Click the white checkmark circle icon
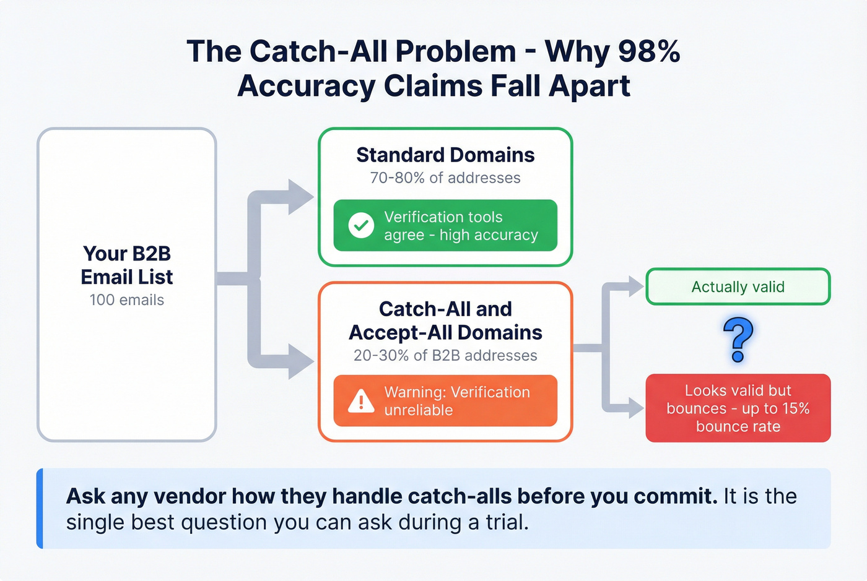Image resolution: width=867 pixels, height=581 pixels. (x=361, y=226)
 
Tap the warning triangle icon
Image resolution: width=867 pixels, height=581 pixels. (x=361, y=402)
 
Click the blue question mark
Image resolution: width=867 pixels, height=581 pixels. (x=738, y=340)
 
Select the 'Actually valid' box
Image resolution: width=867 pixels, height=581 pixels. (x=738, y=286)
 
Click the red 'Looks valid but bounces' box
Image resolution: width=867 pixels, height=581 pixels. (x=738, y=408)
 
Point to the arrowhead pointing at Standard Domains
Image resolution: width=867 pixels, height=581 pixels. (x=301, y=197)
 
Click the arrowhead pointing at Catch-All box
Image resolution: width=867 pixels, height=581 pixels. (x=301, y=361)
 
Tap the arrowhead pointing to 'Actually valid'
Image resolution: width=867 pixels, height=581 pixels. (x=635, y=286)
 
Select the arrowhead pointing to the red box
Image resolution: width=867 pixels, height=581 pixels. (x=635, y=408)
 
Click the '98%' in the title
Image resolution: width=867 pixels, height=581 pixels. (x=648, y=51)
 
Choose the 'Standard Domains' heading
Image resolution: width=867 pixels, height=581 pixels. (x=445, y=155)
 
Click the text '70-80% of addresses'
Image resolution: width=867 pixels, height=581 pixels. (x=445, y=178)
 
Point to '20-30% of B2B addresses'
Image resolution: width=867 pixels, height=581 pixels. (x=445, y=356)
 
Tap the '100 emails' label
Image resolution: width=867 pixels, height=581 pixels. (x=127, y=300)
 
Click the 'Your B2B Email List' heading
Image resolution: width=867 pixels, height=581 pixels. (x=127, y=265)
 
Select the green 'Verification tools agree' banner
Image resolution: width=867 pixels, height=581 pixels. (x=445, y=226)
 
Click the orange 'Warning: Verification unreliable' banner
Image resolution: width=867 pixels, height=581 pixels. (x=445, y=401)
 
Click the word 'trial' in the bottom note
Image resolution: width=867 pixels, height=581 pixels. (x=505, y=523)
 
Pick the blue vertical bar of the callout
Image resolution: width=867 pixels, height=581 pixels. (x=40, y=509)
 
